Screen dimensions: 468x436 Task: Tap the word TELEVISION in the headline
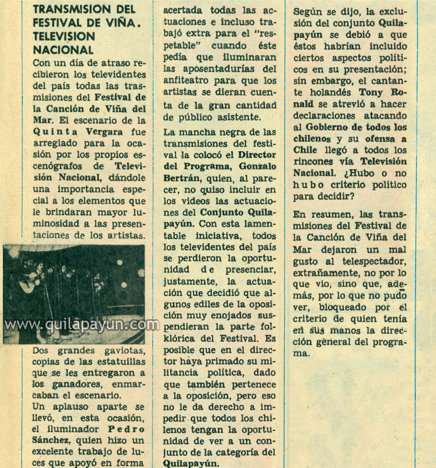click(x=64, y=36)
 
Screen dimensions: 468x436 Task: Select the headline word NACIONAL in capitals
click(x=63, y=50)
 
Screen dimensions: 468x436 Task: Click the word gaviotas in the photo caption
click(x=123, y=350)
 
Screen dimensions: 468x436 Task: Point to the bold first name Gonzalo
click(x=258, y=166)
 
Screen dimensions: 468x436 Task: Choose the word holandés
click(x=329, y=93)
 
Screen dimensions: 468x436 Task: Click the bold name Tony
click(x=371, y=93)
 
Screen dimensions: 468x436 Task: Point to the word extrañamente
click(x=326, y=273)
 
